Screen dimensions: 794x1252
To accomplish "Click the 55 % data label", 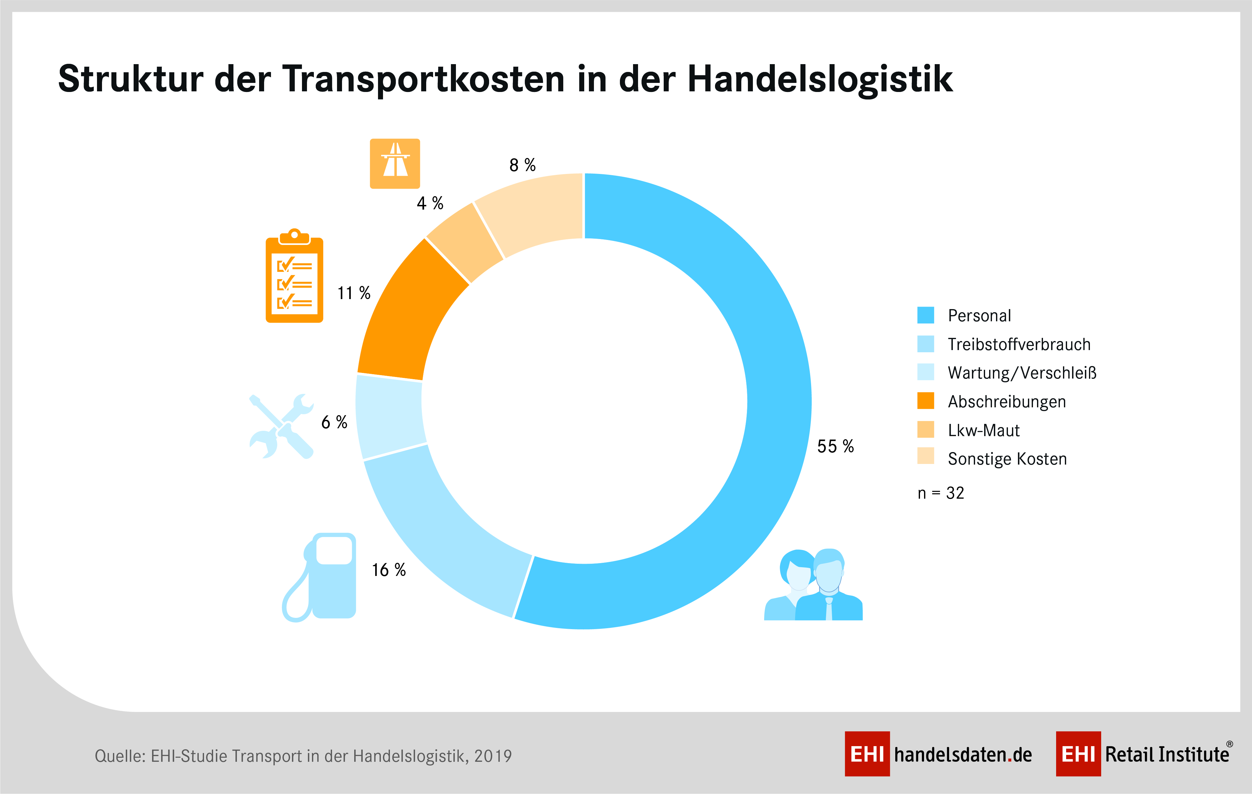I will tap(835, 446).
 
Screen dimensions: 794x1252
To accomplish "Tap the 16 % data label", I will tap(388, 570).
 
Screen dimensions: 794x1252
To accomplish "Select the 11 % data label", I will tap(354, 293).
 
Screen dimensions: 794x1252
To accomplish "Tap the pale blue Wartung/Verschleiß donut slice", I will tap(390, 416).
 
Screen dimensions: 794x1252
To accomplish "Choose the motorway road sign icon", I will tap(395, 163).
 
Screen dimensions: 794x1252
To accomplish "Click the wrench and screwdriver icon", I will tap(281, 426).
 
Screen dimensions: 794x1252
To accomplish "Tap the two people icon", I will tap(813, 585).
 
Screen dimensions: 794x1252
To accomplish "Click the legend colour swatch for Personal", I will tap(926, 315).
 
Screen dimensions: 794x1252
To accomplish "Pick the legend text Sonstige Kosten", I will tap(1007, 459).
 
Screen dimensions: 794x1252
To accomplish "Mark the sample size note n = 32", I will tap(941, 493).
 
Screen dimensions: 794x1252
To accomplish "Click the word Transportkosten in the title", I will tap(424, 79).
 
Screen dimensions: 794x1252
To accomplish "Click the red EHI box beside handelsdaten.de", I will tap(867, 754).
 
